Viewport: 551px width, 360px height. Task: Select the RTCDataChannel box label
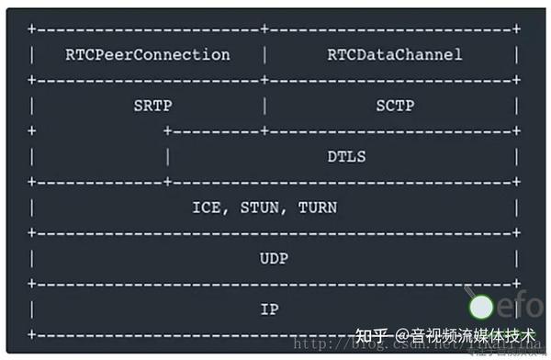[394, 55]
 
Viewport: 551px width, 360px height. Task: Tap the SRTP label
[152, 106]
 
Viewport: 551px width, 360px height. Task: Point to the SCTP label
[394, 106]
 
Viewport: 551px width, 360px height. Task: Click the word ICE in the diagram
[207, 208]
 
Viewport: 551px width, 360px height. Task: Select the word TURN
[317, 208]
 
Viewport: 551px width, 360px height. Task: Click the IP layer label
[269, 309]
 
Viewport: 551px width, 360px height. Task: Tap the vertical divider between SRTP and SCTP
[265, 106]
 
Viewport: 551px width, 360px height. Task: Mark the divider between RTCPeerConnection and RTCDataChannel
[265, 55]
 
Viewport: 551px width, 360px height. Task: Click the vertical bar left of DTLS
[168, 156]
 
